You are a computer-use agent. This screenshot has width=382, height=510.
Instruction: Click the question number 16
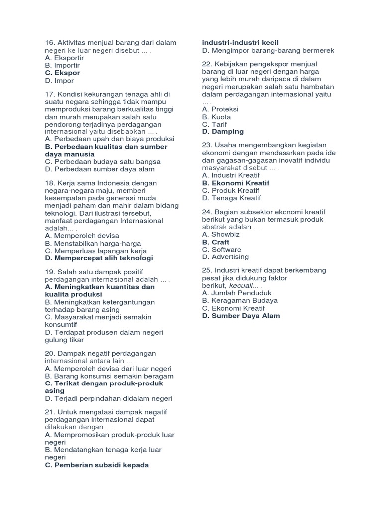[x=49, y=43]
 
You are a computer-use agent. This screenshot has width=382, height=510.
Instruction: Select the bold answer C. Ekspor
[x=62, y=73]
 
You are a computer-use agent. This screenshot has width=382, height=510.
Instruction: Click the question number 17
[x=49, y=94]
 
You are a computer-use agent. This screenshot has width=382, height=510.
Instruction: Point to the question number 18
[x=49, y=183]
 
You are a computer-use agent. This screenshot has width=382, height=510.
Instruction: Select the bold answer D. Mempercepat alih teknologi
[x=99, y=258]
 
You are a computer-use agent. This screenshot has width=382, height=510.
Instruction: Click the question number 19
[x=49, y=272]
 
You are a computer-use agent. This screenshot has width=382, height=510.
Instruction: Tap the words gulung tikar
[x=65, y=340]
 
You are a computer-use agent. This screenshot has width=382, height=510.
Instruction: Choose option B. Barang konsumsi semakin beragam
[x=109, y=376]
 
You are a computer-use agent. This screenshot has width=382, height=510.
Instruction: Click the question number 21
[x=49, y=412]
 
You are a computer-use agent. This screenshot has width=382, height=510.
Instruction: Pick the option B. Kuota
[x=216, y=117]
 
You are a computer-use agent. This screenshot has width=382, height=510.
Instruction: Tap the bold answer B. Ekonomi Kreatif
[x=236, y=183]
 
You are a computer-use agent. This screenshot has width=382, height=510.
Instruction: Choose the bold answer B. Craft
[x=216, y=242]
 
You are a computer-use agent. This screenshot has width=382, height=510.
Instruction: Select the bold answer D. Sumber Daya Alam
[x=241, y=315]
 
